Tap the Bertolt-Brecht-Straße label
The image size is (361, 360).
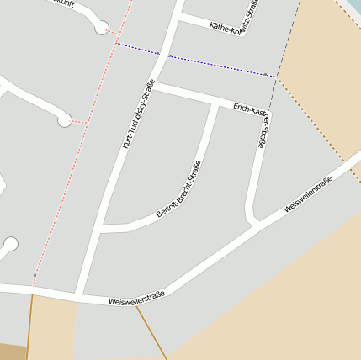point(179,193)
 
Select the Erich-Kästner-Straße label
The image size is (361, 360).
point(252,122)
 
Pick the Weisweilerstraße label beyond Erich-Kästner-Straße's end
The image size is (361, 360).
point(308,193)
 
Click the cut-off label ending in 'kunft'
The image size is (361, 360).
point(62,3)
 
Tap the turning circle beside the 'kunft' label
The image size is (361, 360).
point(102,29)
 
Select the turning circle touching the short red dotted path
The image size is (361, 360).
point(64,121)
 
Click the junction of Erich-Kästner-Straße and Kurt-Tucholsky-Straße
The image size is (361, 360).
point(156,85)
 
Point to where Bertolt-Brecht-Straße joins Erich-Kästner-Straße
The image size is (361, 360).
point(214,103)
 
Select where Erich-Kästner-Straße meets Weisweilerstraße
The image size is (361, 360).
point(256,223)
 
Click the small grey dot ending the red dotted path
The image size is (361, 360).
point(35,275)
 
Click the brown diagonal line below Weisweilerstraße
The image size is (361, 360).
point(151,332)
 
